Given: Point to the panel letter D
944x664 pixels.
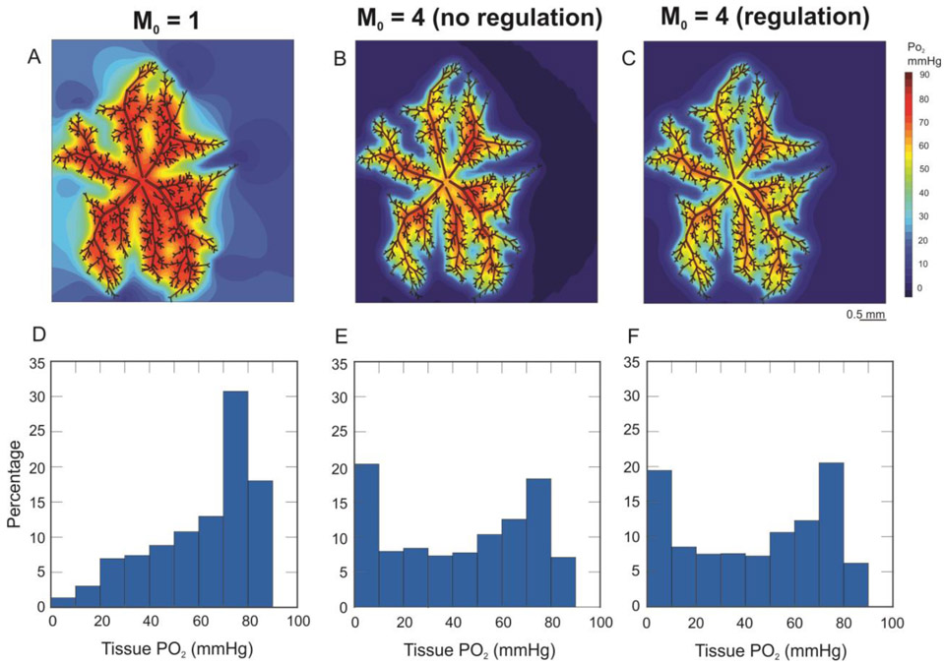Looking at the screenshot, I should coord(38,334).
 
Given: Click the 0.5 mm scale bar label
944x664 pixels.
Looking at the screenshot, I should coord(866,315).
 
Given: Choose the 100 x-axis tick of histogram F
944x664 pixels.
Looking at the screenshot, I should coord(892,623).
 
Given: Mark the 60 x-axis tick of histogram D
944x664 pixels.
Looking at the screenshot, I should coord(200,623).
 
